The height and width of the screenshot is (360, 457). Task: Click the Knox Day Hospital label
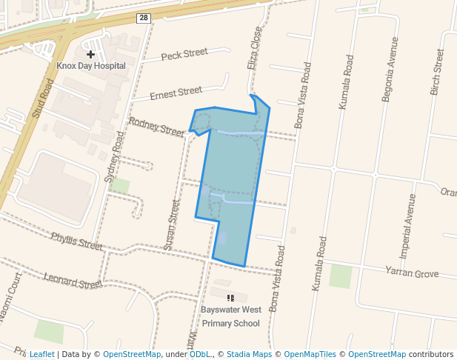click(x=91, y=66)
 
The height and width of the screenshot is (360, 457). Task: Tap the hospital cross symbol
click(x=90, y=54)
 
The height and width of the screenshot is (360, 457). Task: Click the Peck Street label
click(x=185, y=54)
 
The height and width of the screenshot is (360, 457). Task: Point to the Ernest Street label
click(x=176, y=93)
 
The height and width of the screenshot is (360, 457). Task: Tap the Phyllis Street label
click(x=76, y=241)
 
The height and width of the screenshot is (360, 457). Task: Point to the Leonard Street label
click(x=72, y=281)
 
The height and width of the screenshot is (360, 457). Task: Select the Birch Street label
click(x=436, y=72)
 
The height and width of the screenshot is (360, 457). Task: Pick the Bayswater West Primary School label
click(x=230, y=317)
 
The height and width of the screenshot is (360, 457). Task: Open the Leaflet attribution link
click(x=41, y=354)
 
